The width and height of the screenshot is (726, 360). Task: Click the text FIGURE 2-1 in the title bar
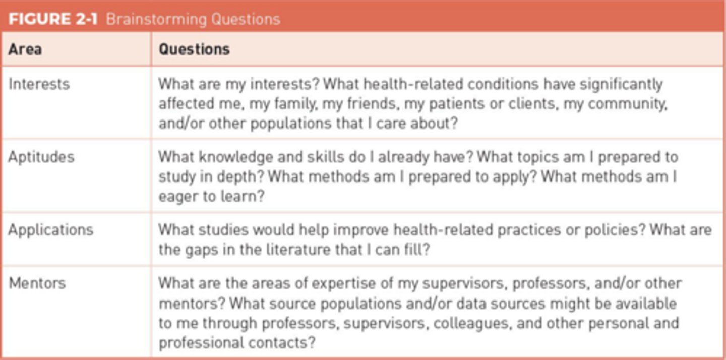[x=53, y=19]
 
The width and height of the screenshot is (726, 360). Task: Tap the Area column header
[x=25, y=49]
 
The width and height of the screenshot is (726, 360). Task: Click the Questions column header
[x=194, y=49]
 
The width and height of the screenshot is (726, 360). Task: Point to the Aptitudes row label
[x=41, y=157]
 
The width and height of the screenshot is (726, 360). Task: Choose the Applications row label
[x=50, y=230]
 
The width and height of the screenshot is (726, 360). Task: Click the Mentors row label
[x=37, y=283]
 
